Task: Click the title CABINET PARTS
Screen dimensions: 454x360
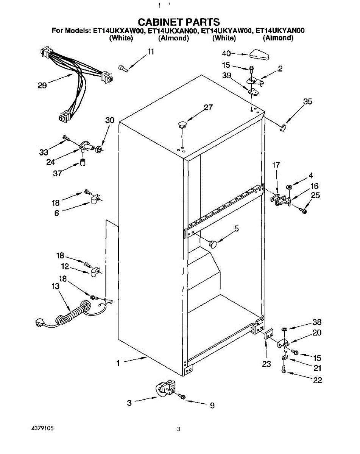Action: [178, 22]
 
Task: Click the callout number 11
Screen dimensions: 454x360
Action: [151, 52]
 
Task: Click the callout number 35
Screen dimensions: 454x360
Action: [308, 101]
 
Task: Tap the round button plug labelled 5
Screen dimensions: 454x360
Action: [214, 243]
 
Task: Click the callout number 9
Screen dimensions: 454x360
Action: [212, 406]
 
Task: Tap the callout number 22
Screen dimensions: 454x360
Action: [318, 380]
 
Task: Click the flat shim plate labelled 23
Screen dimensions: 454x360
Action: [268, 335]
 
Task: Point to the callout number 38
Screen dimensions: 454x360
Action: [317, 322]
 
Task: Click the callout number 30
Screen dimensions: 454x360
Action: [110, 120]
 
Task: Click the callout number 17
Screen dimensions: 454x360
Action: [276, 165]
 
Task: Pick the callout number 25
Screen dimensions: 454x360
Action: [315, 195]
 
